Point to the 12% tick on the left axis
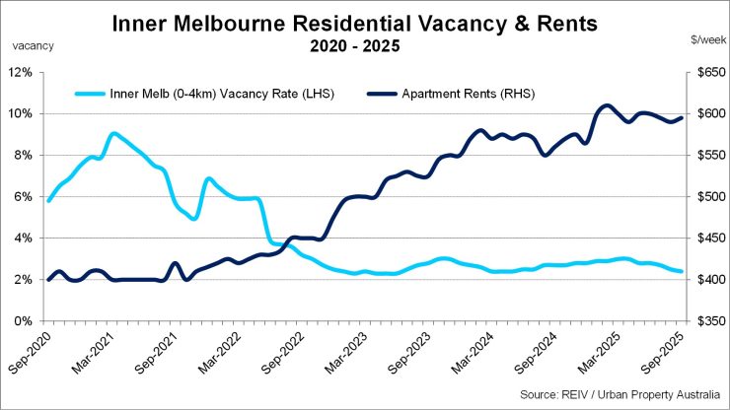click(21, 72)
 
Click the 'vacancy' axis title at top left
click(34, 45)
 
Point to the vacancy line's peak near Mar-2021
click(113, 133)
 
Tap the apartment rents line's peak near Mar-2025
click(607, 105)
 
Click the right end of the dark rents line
click(681, 118)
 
